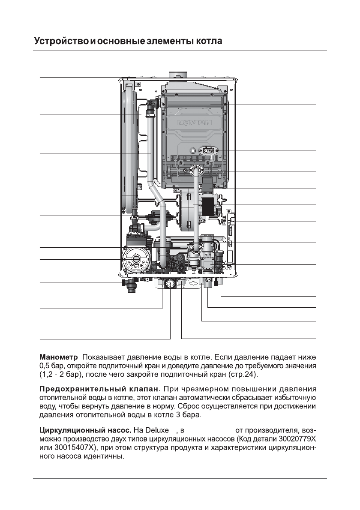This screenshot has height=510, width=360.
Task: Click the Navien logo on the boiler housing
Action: [195, 123]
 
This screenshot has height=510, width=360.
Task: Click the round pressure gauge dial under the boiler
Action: [170, 283]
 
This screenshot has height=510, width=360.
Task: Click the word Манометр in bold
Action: [59, 357]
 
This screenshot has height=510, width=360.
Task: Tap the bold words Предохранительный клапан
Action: [99, 390]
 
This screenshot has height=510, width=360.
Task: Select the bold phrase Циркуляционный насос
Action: [85, 430]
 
